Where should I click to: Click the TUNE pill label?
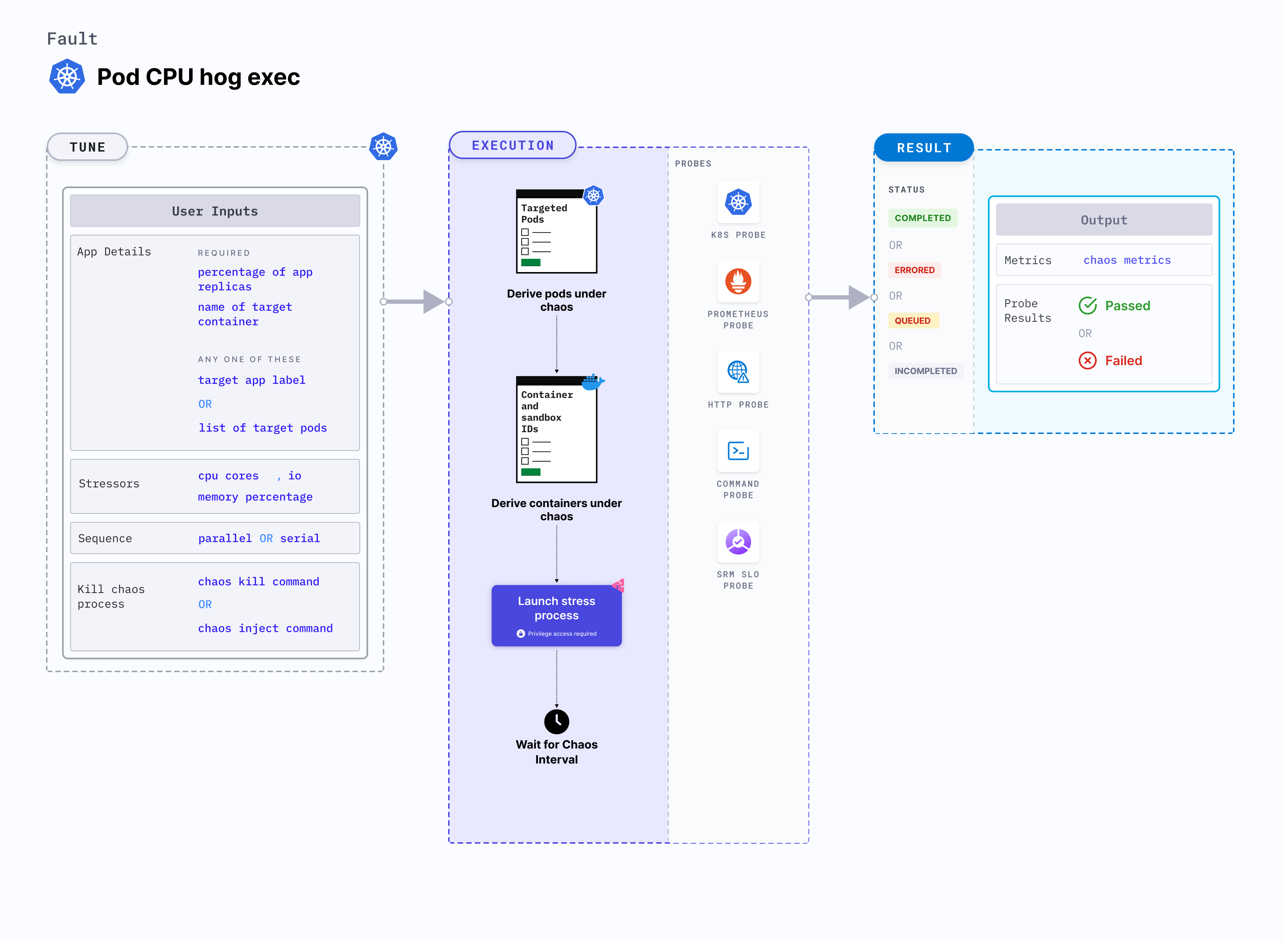pos(87,147)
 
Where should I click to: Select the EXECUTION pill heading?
pos(512,145)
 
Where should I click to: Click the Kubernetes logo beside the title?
pos(67,76)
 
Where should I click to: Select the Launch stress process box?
pos(556,615)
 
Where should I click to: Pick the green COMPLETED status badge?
pos(922,218)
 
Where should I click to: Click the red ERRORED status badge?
pos(914,270)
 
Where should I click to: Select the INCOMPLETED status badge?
pos(925,371)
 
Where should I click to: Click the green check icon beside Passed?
pos(1087,306)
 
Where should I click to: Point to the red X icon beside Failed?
pos(1087,360)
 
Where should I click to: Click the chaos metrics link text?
pos(1126,260)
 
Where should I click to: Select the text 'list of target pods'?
pos(262,428)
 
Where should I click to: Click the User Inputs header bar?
pos(215,211)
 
